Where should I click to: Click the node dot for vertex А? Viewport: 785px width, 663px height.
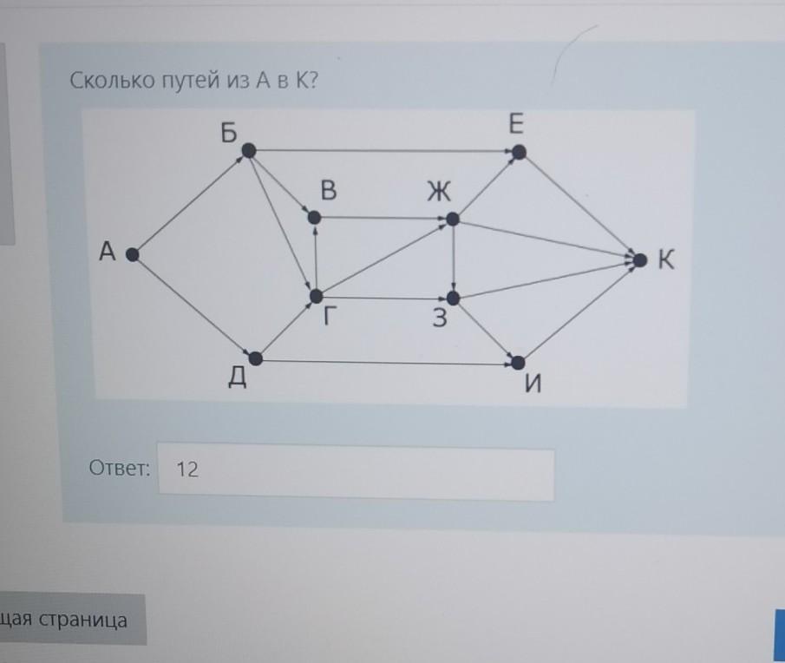pyautogui.click(x=131, y=254)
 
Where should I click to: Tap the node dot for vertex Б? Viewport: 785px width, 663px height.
pyautogui.click(x=248, y=151)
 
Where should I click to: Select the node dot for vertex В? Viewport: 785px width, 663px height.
pyautogui.click(x=315, y=218)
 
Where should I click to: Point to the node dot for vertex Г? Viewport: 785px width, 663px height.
pyautogui.click(x=317, y=297)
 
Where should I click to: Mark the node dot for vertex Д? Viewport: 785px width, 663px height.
pyautogui.click(x=256, y=358)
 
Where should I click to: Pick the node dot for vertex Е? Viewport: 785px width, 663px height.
pyautogui.click(x=519, y=153)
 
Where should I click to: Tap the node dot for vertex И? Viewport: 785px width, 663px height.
pyautogui.click(x=519, y=362)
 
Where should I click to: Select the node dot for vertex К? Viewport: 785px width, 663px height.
pyautogui.click(x=640, y=259)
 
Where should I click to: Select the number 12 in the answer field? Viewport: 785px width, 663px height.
pyautogui.click(x=187, y=470)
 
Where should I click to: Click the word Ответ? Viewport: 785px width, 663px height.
pyautogui.click(x=120, y=469)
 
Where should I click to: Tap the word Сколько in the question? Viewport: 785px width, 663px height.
pyautogui.click(x=109, y=82)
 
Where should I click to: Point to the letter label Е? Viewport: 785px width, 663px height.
pyautogui.click(x=516, y=126)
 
